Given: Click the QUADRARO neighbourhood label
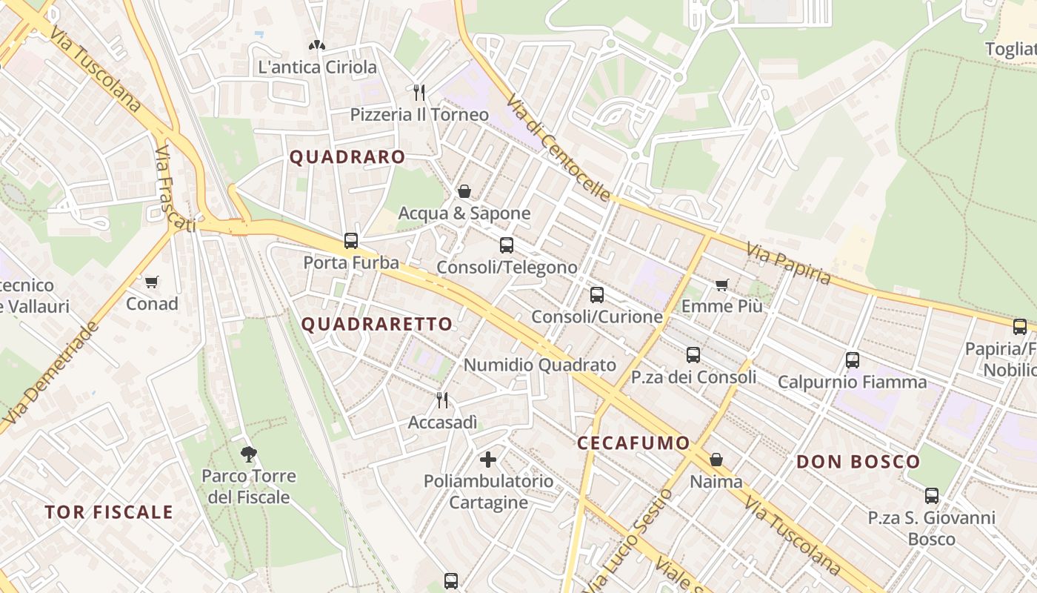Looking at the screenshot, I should coord(347,157).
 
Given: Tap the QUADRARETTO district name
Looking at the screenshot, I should coord(376,324).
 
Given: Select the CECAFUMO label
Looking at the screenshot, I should coord(633,443).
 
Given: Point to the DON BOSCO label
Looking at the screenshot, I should coord(858,462).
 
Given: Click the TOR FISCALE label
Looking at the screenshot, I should coord(109,512).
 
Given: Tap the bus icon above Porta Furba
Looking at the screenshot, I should coord(351,241).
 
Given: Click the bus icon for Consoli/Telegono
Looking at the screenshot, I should coord(507,245).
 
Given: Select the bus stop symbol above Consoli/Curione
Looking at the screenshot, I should coord(597,295).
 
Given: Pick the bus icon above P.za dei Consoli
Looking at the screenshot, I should coord(693,355).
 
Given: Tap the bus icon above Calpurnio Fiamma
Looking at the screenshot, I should coord(853,360).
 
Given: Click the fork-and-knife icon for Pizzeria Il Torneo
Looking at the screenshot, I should coord(419,93).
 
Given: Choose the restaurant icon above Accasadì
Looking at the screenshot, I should coord(442,400).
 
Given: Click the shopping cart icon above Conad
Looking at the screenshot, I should coord(152,282).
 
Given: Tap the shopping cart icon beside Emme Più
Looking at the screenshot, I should coord(722,285).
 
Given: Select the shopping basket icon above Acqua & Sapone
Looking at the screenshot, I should coord(464,191).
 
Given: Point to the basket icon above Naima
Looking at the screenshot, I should coord(716,460).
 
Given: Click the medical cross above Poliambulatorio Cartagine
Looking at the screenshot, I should coord(488,460).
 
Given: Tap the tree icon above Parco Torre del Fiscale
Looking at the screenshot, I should coord(249,454).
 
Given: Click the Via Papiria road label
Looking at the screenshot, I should coord(788,263).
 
